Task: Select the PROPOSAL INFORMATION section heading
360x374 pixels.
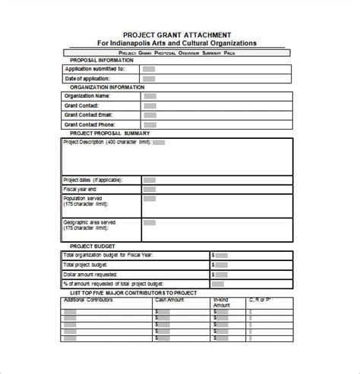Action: pos(103,60)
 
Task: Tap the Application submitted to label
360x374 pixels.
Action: pos(95,68)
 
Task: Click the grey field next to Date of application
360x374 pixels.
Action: pos(150,78)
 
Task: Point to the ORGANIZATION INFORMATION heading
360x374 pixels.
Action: pos(107,87)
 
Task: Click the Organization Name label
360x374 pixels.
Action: pos(87,96)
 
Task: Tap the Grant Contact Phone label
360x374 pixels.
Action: pos(91,124)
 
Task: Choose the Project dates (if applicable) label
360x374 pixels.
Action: pos(91,180)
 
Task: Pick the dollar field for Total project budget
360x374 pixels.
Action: pos(220,265)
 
